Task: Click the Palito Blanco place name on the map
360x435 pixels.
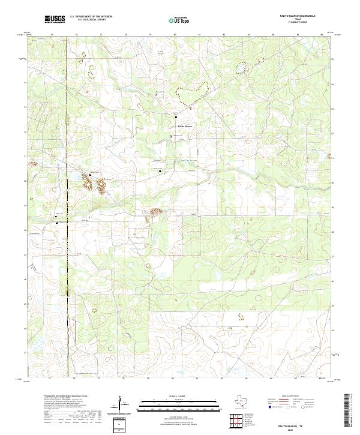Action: (x=185, y=127)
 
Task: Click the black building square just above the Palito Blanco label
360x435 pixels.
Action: (x=176, y=117)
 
